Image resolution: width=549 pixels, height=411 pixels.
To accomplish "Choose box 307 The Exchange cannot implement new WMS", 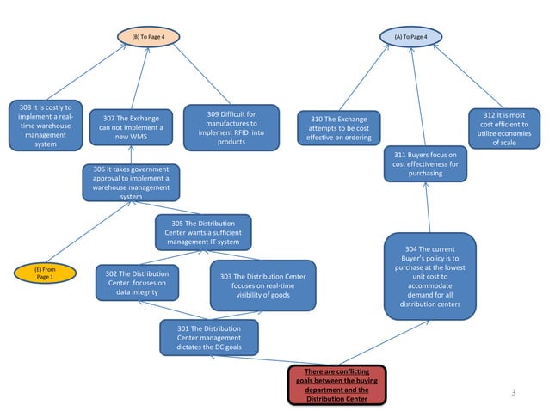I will (131, 127).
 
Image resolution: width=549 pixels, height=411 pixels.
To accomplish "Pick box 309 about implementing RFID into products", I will (231, 127).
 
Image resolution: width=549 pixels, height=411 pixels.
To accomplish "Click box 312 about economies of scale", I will (505, 128).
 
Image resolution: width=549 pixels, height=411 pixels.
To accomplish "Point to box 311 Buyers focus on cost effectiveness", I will (425, 163).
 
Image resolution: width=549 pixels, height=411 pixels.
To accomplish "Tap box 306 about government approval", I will (131, 183).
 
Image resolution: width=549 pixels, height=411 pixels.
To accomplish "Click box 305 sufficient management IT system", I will (203, 232).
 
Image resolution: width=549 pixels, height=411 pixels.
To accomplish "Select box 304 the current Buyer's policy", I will (429, 276).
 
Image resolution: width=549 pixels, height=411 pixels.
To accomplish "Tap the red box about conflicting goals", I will (338, 384).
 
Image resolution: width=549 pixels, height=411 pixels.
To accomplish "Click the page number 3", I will (514, 393).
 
